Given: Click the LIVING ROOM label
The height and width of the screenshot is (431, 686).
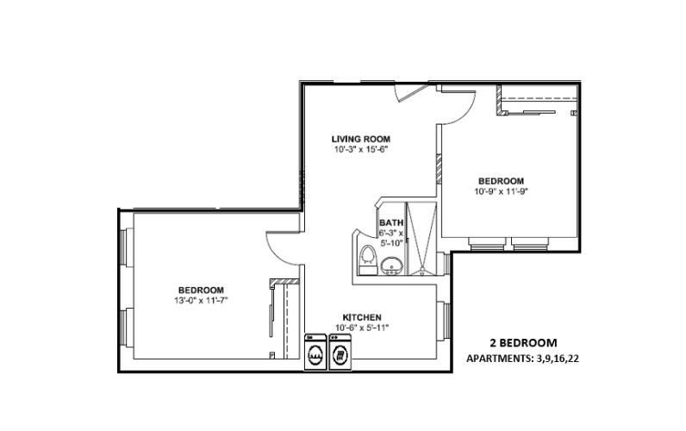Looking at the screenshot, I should pyautogui.click(x=361, y=139).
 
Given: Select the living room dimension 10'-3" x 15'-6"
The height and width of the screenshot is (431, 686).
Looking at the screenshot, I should pyautogui.click(x=361, y=149).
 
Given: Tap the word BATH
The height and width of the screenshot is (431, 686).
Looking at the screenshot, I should pyautogui.click(x=390, y=222).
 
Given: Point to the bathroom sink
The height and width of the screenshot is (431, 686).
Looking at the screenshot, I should pyautogui.click(x=392, y=265).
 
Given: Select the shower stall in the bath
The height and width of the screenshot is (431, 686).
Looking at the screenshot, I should pyautogui.click(x=422, y=241).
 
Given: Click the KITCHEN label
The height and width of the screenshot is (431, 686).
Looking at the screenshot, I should pyautogui.click(x=361, y=317).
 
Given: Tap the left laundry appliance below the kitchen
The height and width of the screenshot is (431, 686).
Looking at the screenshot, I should pyautogui.click(x=315, y=353).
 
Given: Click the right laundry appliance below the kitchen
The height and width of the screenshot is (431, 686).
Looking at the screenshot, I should pyautogui.click(x=341, y=353).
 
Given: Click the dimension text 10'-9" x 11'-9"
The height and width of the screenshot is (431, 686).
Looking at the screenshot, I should pyautogui.click(x=501, y=191).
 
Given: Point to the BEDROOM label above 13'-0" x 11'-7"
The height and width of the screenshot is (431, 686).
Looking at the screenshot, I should pyautogui.click(x=201, y=290).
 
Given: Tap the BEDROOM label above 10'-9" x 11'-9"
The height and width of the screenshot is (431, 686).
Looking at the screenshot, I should pyautogui.click(x=501, y=181).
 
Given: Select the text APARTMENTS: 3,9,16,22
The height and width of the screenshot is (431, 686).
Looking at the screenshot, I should pyautogui.click(x=522, y=358).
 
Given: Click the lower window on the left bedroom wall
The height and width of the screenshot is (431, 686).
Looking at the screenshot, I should pyautogui.click(x=125, y=326).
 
